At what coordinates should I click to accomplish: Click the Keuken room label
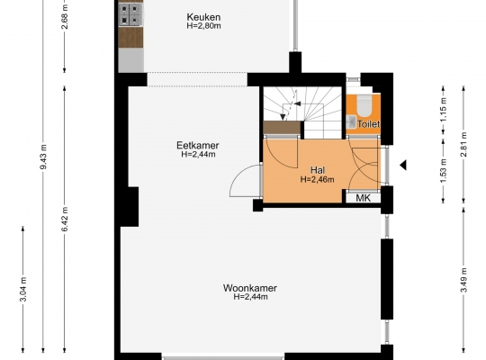(x=203, y=17)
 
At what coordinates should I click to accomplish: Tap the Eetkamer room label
(x=198, y=145)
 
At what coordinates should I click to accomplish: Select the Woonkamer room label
(x=250, y=288)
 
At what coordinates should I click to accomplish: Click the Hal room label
(x=318, y=170)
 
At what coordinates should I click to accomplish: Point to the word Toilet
(x=369, y=124)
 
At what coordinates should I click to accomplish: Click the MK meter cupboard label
(x=363, y=198)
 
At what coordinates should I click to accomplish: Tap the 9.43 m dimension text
(x=43, y=157)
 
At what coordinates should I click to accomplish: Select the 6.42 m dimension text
(x=65, y=219)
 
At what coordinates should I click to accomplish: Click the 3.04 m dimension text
(x=23, y=289)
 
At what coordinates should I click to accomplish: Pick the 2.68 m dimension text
(x=65, y=17)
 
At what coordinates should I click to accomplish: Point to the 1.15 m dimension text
(x=444, y=110)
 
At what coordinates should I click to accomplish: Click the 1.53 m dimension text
(x=444, y=171)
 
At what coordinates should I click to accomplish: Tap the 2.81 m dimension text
(x=463, y=145)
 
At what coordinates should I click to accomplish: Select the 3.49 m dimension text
(x=463, y=280)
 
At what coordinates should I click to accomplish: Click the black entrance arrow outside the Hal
(x=403, y=166)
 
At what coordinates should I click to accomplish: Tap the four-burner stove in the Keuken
(x=130, y=15)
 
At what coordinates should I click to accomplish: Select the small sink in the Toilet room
(x=351, y=121)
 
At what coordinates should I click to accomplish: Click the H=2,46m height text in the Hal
(x=317, y=179)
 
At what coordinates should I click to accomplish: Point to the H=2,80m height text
(x=203, y=26)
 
